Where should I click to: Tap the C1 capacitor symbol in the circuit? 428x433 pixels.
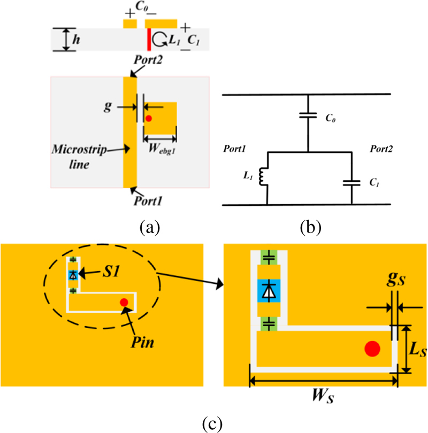[351, 183]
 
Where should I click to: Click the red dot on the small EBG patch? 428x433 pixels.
[149, 118]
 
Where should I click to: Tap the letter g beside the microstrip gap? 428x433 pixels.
[106, 107]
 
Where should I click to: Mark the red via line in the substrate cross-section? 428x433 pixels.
[149, 40]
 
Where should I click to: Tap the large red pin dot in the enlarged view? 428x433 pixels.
[372, 349]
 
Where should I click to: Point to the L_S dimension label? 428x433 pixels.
[415, 351]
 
